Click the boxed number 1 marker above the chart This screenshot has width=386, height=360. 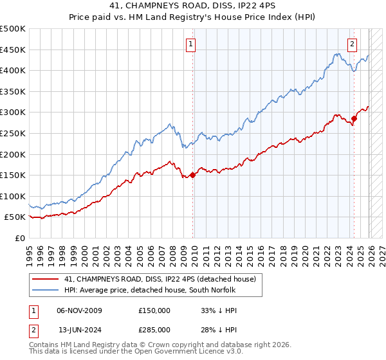[x=192, y=44]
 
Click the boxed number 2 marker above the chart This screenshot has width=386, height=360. [x=353, y=44]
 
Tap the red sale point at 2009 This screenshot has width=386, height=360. [x=193, y=175]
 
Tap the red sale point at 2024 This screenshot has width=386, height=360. [x=354, y=118]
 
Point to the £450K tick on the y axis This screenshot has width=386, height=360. [x=14, y=50]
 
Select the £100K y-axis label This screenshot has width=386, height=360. [x=14, y=196]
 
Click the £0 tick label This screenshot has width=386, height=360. [x=20, y=238]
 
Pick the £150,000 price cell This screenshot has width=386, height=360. [x=154, y=310]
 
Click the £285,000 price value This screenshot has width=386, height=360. [x=154, y=330]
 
